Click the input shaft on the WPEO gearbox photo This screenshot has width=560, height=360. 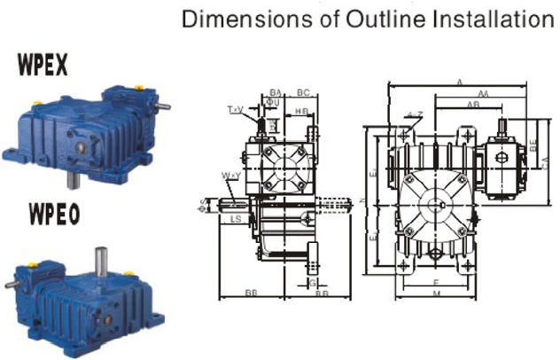point(10,286)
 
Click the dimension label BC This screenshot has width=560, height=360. point(302,92)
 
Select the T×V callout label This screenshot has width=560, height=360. point(235,110)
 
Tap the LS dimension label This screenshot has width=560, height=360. point(236,217)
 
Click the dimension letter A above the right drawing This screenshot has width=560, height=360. point(459,82)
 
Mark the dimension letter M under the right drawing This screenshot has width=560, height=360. point(436,293)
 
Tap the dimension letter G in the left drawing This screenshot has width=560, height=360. point(312,282)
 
